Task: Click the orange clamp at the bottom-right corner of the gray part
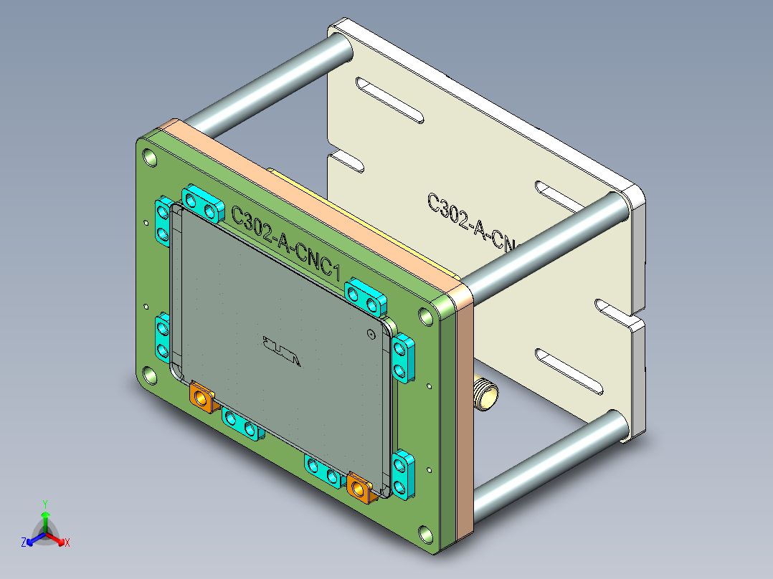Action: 361,487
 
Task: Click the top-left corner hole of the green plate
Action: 150,156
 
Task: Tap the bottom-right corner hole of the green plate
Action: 426,533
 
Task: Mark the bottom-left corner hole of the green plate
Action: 150,375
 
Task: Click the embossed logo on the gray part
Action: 281,351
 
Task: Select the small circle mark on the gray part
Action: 370,333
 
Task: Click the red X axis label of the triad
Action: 67,543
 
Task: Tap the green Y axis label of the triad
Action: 44,504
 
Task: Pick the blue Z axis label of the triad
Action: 24,542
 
